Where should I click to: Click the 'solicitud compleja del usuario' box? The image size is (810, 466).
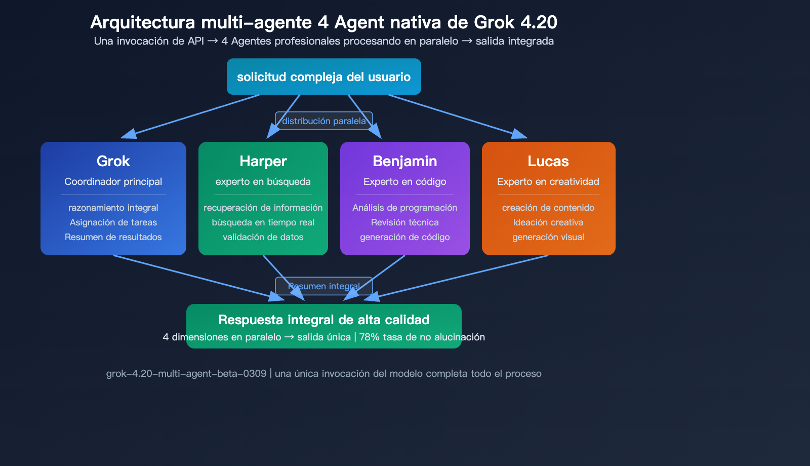[x=324, y=76]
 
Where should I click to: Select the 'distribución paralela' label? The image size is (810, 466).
[x=324, y=121]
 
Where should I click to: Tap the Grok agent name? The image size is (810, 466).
[x=113, y=161]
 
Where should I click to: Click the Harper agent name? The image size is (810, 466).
[x=263, y=161]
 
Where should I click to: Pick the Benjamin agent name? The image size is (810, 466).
[x=405, y=161]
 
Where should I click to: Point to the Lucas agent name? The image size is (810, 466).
[x=548, y=161]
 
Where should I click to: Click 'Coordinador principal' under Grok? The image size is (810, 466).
[x=113, y=182]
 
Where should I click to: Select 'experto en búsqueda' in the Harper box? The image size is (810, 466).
[x=263, y=182]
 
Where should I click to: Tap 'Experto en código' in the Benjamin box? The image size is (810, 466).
[x=405, y=182]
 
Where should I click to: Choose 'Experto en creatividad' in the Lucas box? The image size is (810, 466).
[x=548, y=182]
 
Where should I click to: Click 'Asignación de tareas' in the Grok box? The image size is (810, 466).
[x=113, y=222]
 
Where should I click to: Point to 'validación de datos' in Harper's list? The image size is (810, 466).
[x=263, y=237]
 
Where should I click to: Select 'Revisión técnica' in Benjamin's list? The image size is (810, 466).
[x=405, y=222]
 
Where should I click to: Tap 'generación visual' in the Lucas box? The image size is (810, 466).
[x=548, y=237]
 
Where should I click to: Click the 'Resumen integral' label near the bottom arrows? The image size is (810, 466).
[x=324, y=286]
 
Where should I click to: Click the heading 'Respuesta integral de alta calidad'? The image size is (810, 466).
[x=324, y=320]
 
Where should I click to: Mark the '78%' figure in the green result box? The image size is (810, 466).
[x=370, y=337]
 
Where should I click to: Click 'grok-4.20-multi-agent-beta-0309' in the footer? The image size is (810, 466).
[x=186, y=374]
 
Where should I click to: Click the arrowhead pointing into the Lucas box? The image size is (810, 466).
[x=520, y=134]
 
